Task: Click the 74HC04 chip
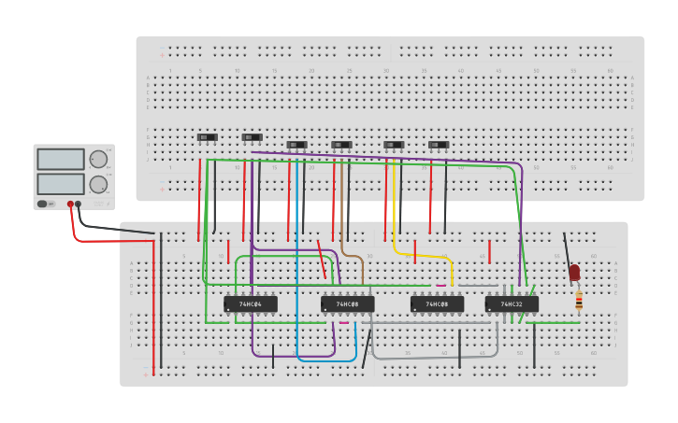click(251, 303)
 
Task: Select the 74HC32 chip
click(512, 303)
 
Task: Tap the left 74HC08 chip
click(347, 303)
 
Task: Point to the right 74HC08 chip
click(437, 303)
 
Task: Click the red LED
click(574, 273)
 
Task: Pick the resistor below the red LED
click(579, 300)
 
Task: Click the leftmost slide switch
click(208, 137)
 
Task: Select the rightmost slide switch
click(439, 145)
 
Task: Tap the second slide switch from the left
click(252, 137)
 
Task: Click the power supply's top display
click(61, 159)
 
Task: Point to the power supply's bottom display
click(61, 183)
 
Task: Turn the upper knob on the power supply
click(98, 159)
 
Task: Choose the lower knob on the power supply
click(98, 184)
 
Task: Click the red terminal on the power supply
click(70, 204)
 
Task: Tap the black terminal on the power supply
click(79, 204)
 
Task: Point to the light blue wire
click(297, 280)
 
